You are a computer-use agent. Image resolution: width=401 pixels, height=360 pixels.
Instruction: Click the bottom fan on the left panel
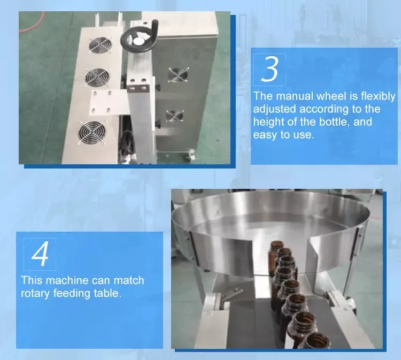(90, 131)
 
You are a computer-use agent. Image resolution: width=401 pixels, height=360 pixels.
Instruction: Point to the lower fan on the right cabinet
(174, 116)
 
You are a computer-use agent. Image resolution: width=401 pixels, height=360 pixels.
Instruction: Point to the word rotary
(35, 293)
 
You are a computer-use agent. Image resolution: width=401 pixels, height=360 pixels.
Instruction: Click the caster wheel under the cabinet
(188, 157)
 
